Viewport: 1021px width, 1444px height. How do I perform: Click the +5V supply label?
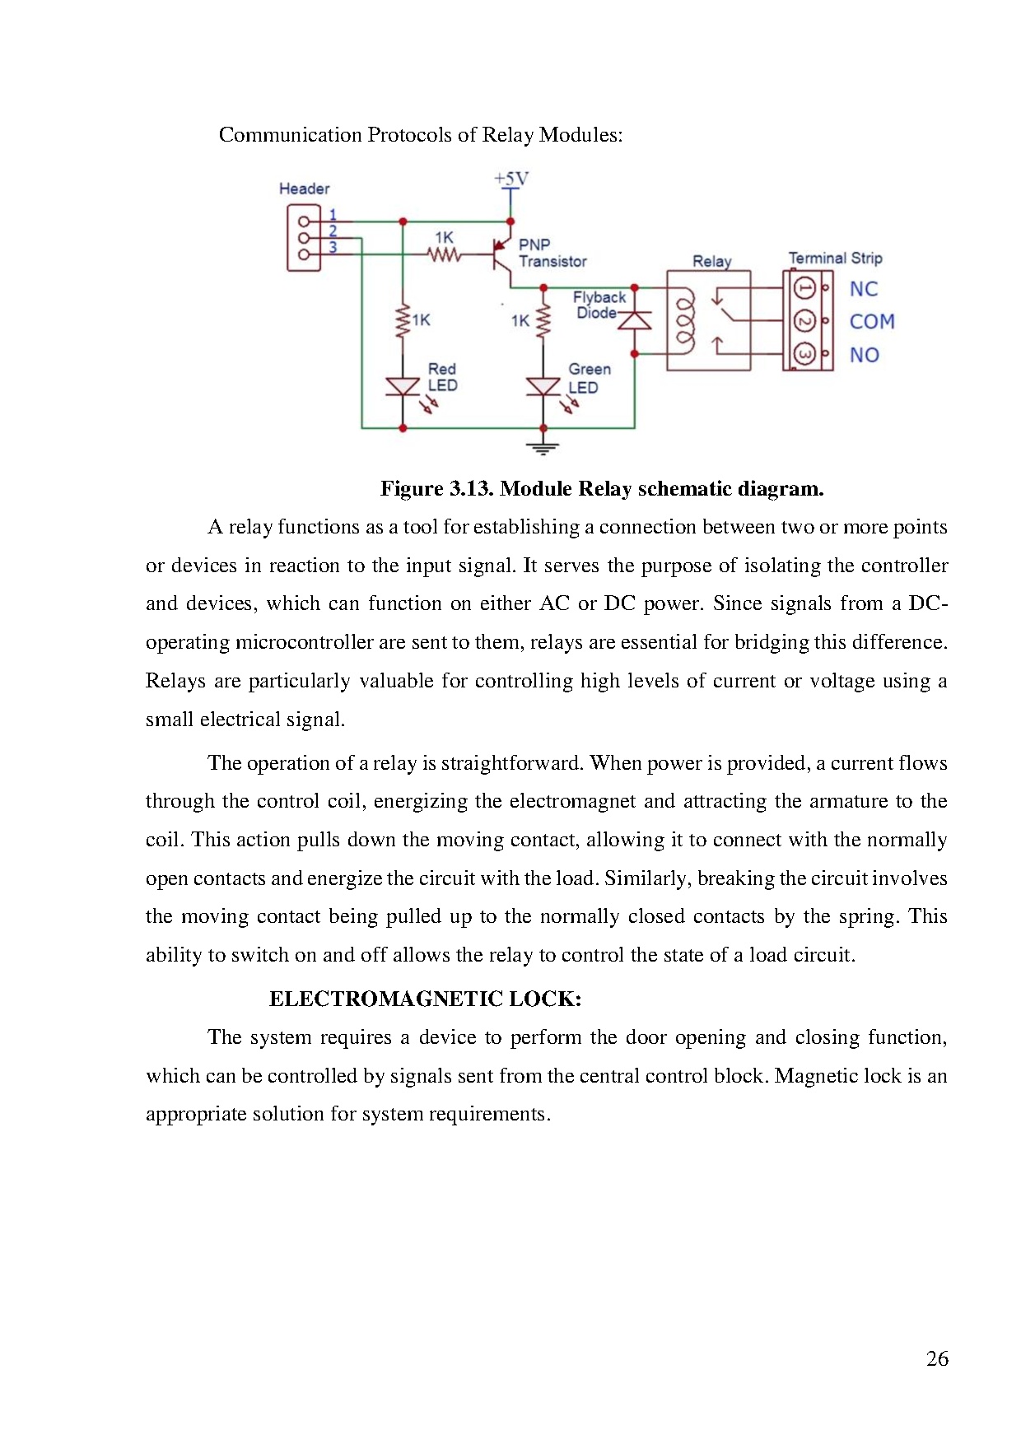click(x=510, y=179)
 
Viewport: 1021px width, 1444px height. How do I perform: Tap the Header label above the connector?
click(x=304, y=189)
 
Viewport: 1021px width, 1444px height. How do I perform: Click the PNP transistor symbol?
click(x=501, y=254)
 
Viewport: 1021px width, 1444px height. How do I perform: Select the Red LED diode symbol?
click(x=403, y=385)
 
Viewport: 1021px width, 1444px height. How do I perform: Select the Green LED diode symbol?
click(x=543, y=385)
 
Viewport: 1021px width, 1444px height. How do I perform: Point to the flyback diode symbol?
click(x=634, y=319)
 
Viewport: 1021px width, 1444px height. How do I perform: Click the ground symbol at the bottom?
click(x=543, y=448)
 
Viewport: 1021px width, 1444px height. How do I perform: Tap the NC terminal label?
click(x=863, y=289)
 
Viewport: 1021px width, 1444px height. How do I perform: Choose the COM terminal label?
click(x=871, y=321)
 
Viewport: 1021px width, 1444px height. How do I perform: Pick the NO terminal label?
click(x=864, y=355)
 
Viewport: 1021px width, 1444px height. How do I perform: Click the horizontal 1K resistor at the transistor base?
click(x=444, y=255)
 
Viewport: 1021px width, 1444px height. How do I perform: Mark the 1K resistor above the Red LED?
click(x=403, y=320)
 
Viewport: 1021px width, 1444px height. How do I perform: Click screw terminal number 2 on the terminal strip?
click(x=804, y=321)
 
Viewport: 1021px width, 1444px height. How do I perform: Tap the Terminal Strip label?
click(x=835, y=258)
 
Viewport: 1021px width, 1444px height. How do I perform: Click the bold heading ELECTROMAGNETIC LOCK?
click(x=425, y=999)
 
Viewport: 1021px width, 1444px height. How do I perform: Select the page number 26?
click(x=937, y=1358)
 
